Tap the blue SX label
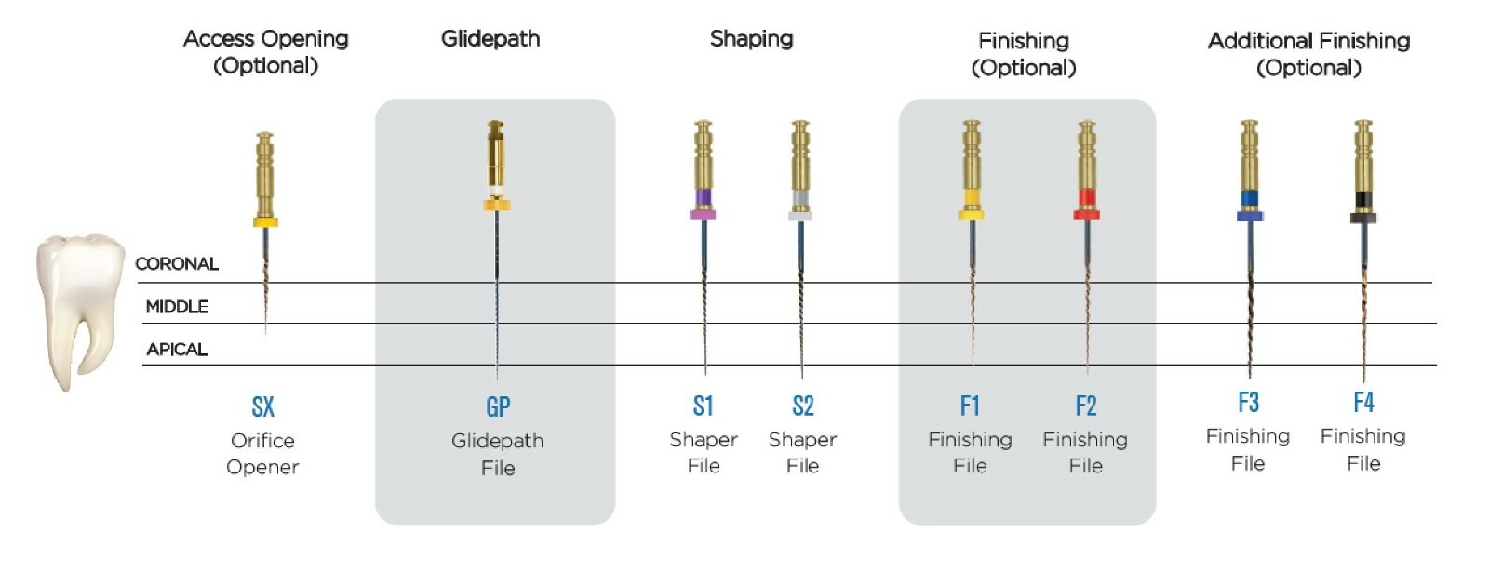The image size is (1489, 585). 263,406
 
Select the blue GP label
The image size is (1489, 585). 498,406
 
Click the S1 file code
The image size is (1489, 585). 704,406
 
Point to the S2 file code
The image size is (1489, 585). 803,406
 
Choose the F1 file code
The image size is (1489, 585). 970,406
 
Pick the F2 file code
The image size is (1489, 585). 1086,406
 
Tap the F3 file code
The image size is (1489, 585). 1248,403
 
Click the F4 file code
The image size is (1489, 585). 1364,403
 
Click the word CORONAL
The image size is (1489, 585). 177,264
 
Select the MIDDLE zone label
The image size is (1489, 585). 177,307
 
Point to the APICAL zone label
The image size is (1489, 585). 177,350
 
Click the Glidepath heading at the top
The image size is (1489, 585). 490,39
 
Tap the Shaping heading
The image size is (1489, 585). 752,39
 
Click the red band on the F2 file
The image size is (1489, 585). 1087,197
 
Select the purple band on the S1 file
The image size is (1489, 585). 704,197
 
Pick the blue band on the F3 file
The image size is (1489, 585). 1250,199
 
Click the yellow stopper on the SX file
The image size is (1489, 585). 265,222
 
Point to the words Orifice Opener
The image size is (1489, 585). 262,454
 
